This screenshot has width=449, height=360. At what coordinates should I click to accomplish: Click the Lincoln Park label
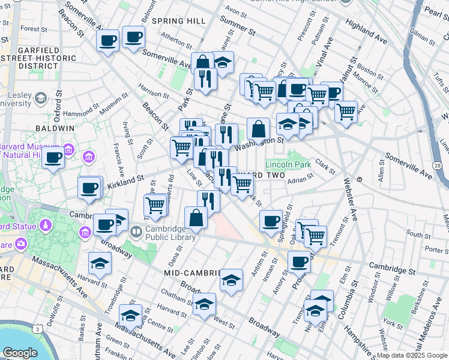(x=288, y=164)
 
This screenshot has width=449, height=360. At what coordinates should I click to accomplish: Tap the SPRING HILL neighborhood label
(x=178, y=21)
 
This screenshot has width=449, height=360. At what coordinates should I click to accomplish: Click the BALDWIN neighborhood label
(x=54, y=128)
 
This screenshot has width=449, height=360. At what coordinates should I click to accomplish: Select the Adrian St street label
(x=301, y=178)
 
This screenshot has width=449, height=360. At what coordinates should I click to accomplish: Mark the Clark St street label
(x=325, y=163)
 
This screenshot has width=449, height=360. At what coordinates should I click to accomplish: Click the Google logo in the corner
(x=20, y=353)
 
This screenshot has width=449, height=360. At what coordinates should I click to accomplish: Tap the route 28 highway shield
(x=437, y=166)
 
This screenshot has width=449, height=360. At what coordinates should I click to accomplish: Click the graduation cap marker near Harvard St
(x=100, y=262)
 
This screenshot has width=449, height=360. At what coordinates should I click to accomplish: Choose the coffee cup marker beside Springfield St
(x=271, y=220)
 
